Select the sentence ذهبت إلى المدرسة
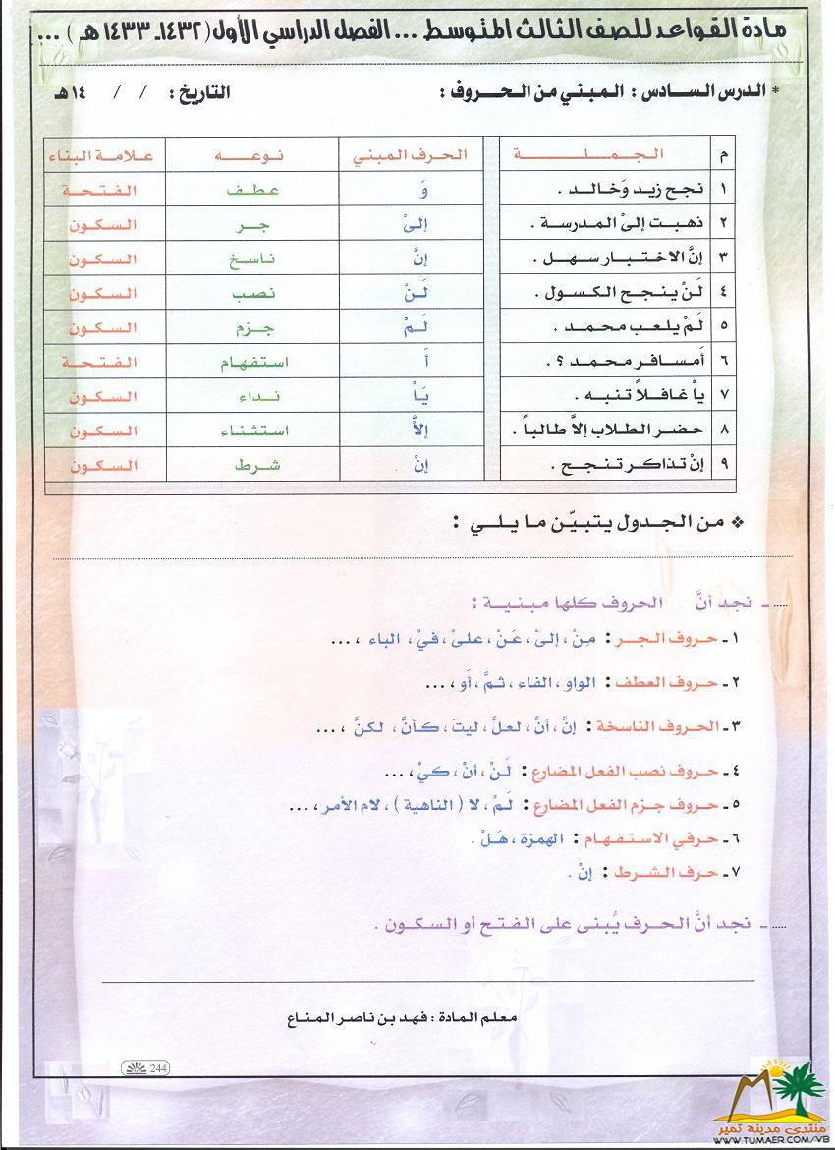612,224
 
